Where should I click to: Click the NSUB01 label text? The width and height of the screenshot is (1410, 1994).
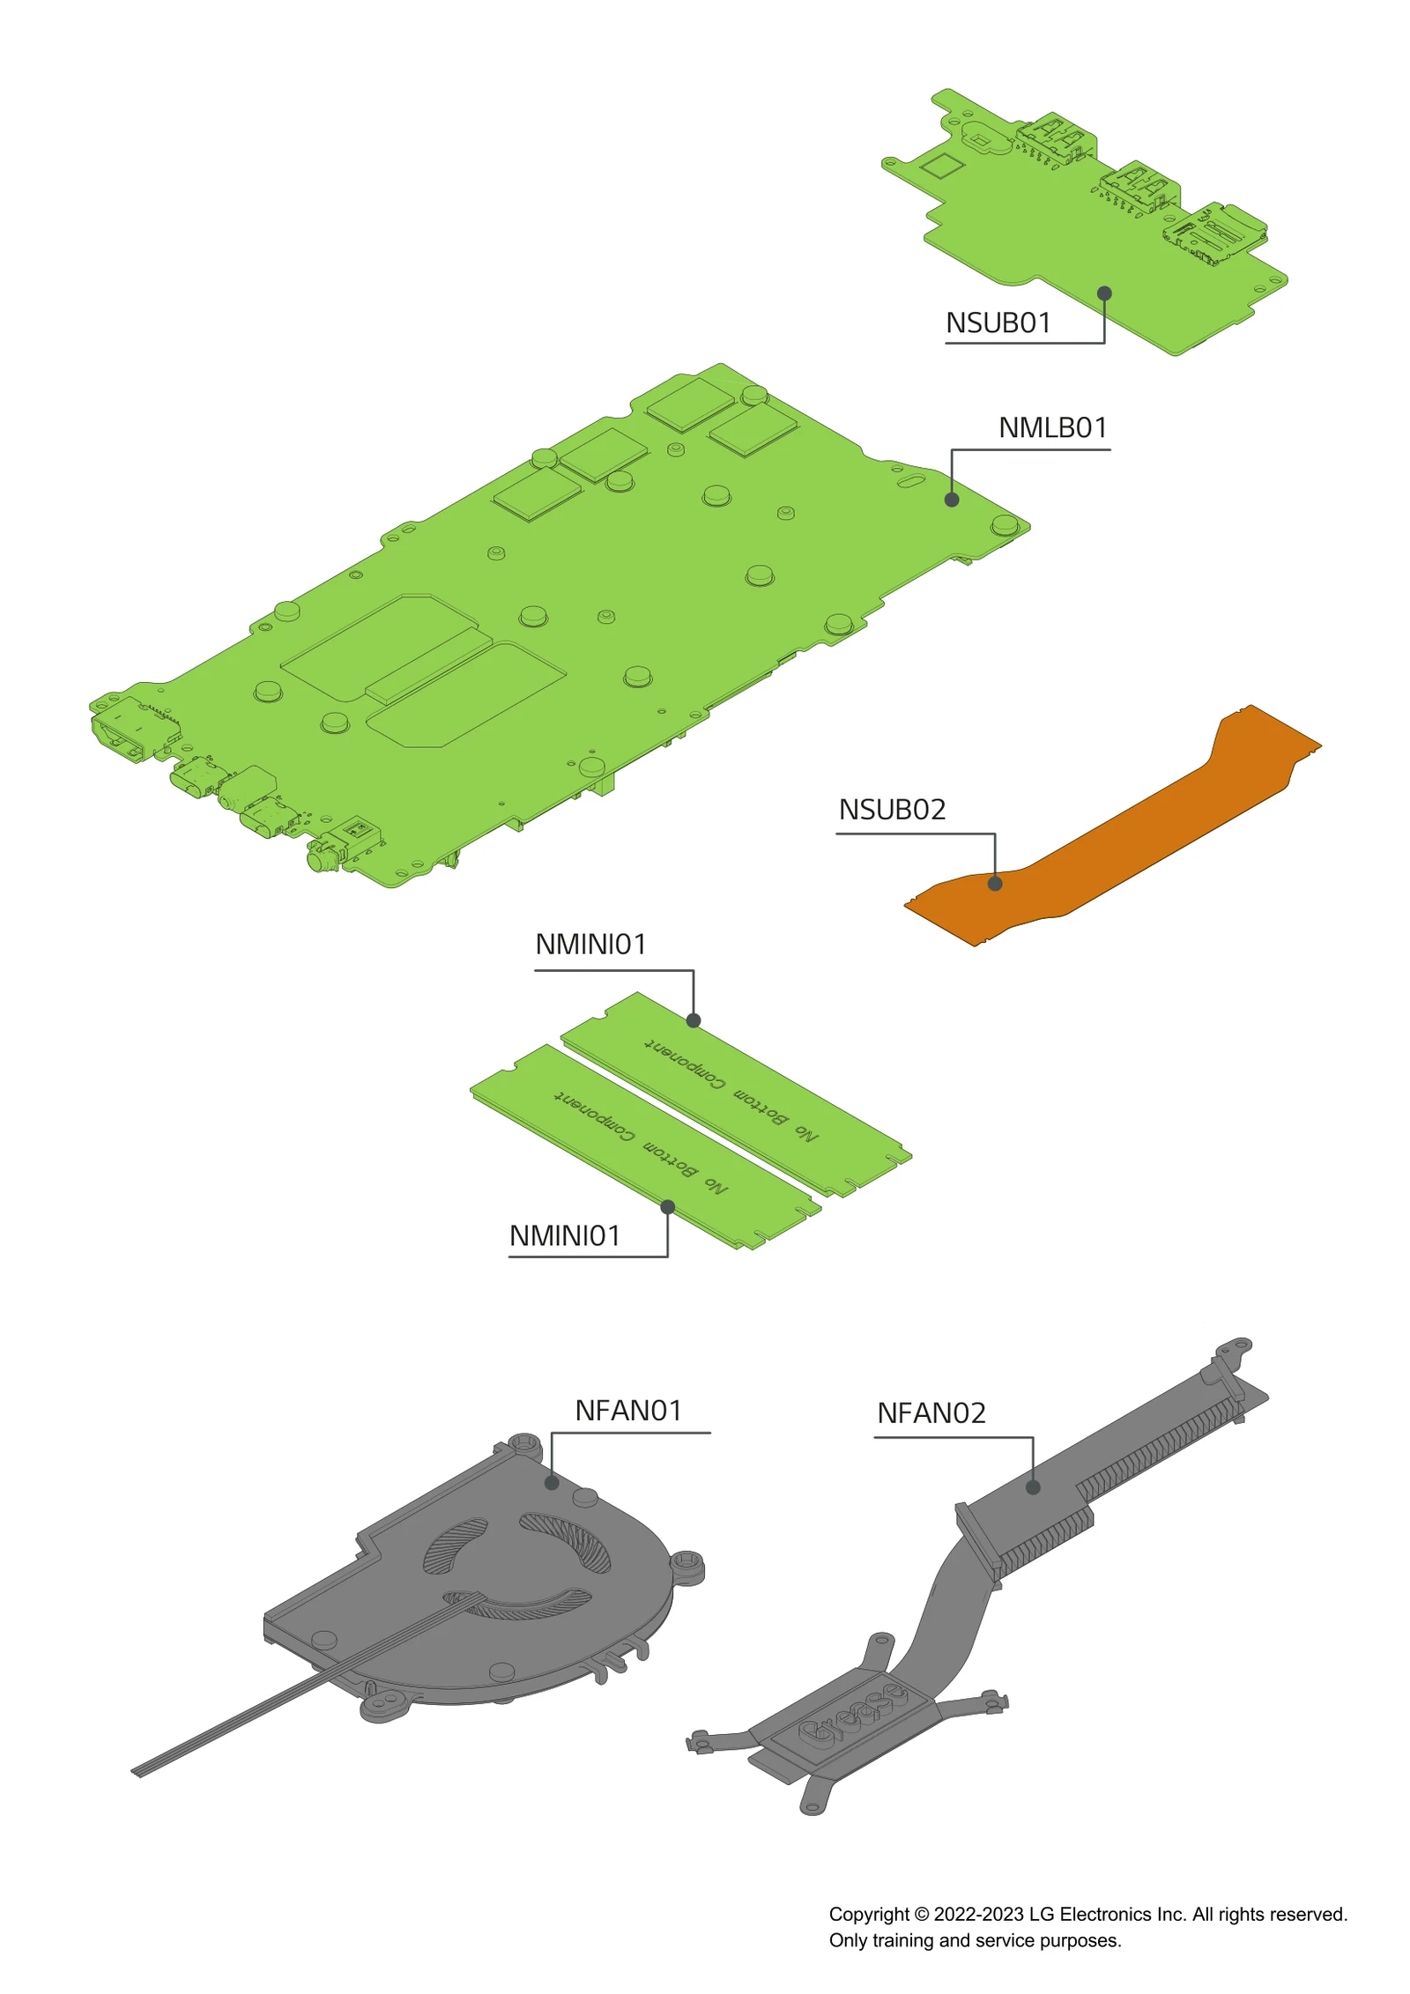(998, 323)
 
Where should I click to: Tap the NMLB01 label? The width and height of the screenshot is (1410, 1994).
(1052, 428)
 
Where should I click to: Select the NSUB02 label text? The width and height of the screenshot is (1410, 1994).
(892, 810)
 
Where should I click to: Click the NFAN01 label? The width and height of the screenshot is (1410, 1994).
(628, 1411)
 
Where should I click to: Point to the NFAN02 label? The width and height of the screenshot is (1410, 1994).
(931, 1413)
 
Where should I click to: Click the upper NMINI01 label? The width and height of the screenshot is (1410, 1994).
(590, 945)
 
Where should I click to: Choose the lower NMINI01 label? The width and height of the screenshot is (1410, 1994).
(565, 1236)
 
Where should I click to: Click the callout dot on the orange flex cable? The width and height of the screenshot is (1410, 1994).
(995, 884)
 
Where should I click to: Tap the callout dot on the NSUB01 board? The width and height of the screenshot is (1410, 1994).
(1104, 293)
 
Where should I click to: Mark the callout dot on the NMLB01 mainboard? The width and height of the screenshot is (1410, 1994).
(952, 500)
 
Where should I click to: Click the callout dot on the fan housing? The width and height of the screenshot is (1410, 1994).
(552, 1483)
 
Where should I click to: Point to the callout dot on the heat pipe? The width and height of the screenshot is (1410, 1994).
(1033, 1487)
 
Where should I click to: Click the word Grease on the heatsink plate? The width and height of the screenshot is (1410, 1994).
(851, 1715)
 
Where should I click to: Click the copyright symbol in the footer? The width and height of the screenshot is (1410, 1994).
(922, 1915)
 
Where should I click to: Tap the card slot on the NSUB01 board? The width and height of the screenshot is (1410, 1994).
(1216, 234)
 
